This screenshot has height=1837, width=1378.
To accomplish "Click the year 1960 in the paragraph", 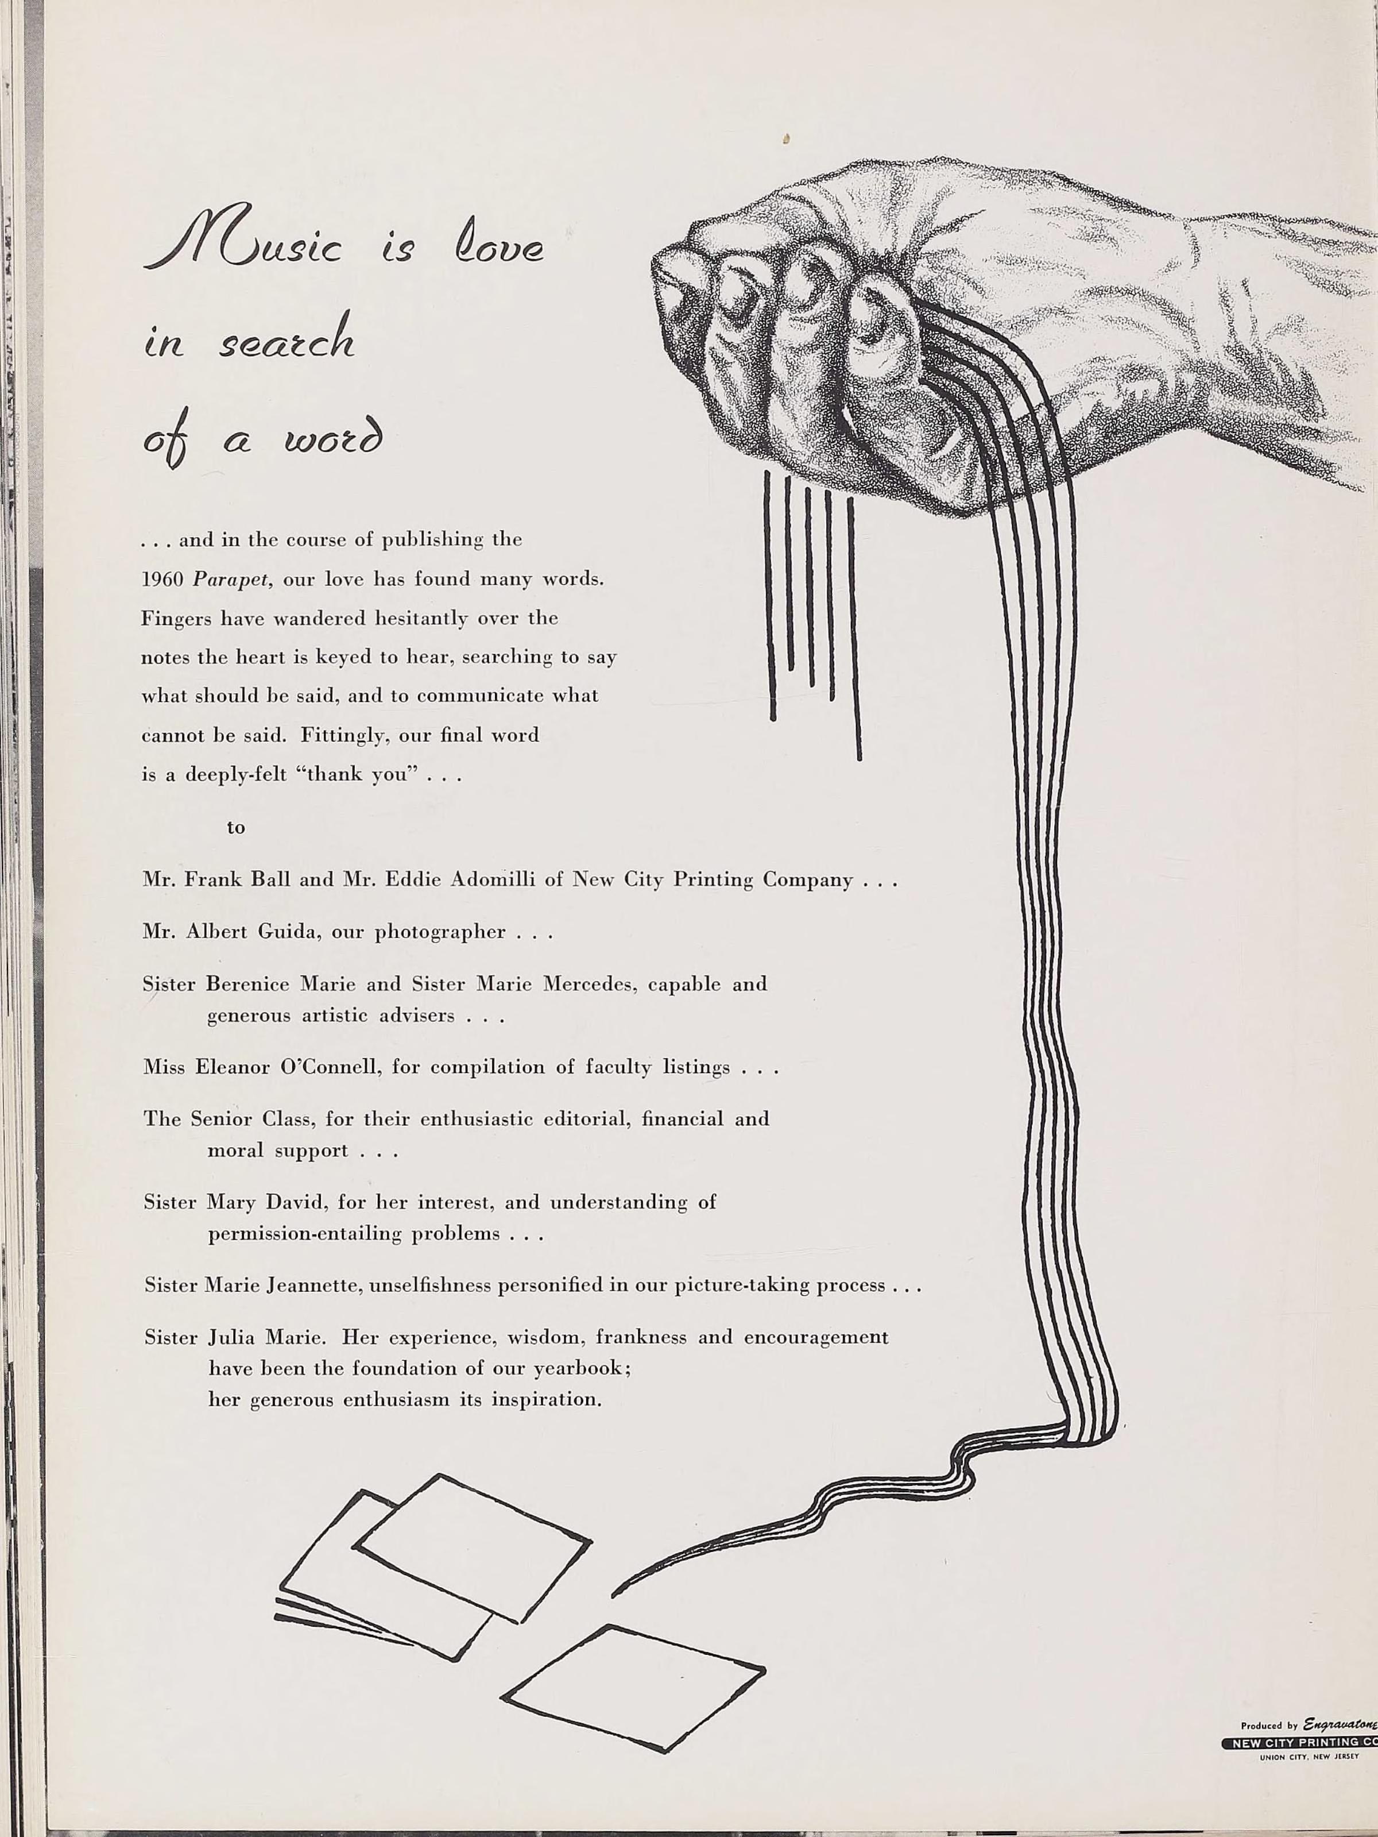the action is click(x=162, y=579).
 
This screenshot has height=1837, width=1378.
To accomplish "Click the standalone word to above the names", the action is click(x=236, y=827).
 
